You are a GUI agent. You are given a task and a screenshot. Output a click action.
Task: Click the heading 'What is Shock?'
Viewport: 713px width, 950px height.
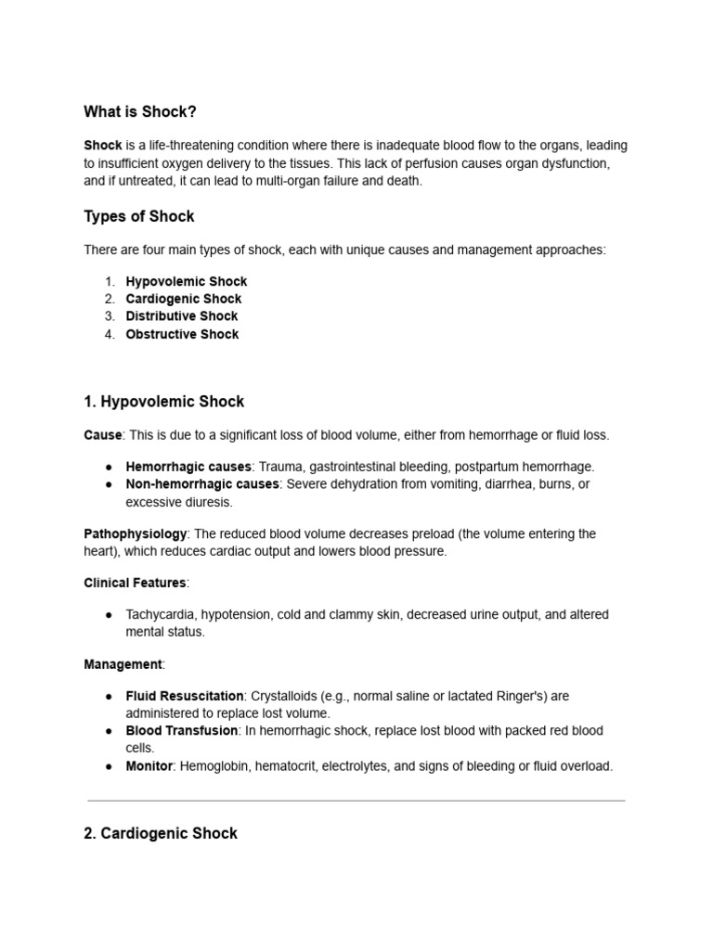click(x=140, y=112)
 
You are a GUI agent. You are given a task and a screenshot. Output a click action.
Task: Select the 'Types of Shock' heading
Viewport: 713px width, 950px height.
click(x=139, y=216)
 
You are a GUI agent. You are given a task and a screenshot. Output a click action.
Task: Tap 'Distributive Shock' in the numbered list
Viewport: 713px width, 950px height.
click(x=182, y=316)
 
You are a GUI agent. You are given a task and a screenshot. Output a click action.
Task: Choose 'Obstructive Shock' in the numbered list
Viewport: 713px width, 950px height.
click(x=182, y=334)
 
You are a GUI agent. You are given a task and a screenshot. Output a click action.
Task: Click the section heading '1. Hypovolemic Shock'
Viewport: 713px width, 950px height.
click(x=164, y=402)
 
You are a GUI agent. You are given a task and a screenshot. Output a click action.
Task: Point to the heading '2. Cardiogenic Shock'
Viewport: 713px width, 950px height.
click(x=161, y=833)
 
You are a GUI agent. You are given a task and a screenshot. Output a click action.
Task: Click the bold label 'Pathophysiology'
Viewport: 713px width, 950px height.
click(x=136, y=534)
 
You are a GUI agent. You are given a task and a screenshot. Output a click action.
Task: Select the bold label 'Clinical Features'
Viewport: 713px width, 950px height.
click(x=135, y=583)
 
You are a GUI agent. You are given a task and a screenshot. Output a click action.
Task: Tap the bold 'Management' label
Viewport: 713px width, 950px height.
click(x=123, y=664)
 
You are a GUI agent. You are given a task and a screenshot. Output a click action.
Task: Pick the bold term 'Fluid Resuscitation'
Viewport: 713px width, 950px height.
click(x=185, y=696)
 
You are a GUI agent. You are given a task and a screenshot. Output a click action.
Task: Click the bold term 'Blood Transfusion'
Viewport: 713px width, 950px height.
click(x=181, y=731)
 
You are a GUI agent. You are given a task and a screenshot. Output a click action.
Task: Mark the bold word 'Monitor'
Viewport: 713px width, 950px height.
click(x=149, y=766)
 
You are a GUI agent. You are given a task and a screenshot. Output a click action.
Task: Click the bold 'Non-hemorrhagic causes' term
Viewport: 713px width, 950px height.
click(x=202, y=484)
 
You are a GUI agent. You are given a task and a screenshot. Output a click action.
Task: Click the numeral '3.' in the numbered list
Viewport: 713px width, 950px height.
click(x=110, y=316)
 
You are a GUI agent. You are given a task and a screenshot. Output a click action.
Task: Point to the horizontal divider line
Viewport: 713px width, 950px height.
click(x=356, y=800)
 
